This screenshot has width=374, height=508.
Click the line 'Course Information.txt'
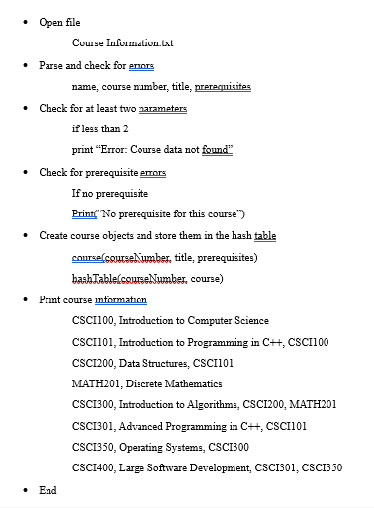[x=123, y=43]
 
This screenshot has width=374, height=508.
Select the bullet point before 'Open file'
[x=26, y=22]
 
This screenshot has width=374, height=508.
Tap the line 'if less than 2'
[x=100, y=128]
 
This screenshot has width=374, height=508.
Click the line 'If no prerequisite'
[x=110, y=193]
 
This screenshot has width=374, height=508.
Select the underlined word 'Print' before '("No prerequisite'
[x=83, y=213]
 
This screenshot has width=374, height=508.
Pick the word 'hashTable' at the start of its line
[x=95, y=278]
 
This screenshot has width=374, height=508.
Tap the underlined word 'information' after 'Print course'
[x=122, y=299]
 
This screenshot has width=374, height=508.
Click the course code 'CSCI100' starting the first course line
[x=93, y=320]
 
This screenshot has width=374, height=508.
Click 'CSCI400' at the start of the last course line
[x=93, y=468]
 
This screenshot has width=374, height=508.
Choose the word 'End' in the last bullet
[x=47, y=490]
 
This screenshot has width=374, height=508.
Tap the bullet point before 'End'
[x=26, y=490]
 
